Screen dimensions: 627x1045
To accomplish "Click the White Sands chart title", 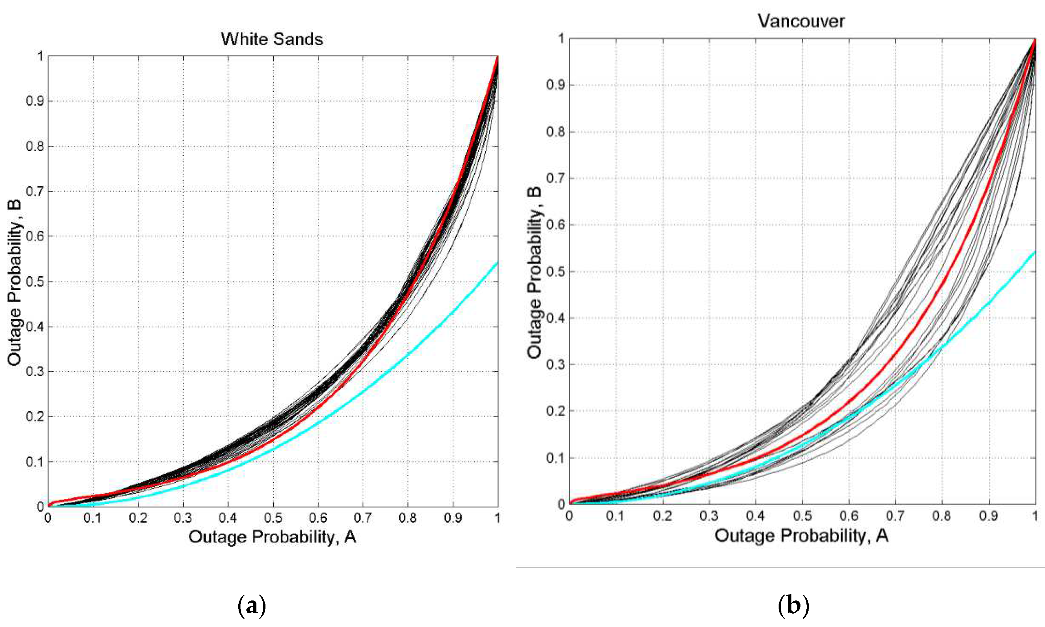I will (x=272, y=39).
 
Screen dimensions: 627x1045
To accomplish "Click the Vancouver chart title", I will (x=801, y=21).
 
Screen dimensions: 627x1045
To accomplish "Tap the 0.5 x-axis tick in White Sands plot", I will (x=273, y=518).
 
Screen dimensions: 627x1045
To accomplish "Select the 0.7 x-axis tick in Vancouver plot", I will (x=895, y=516).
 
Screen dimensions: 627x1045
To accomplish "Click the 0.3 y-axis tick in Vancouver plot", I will (x=555, y=364).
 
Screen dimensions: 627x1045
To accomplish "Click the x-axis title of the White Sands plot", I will (x=272, y=537).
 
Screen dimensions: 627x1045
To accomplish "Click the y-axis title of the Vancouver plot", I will (x=534, y=273).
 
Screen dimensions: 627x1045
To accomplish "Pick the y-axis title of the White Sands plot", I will (x=14, y=282).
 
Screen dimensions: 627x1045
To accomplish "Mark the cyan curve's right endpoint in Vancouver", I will (x=1034, y=252).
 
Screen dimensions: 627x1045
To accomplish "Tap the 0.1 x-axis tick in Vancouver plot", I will (x=615, y=516).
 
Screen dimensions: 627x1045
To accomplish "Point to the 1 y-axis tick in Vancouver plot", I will (x=561, y=39).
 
